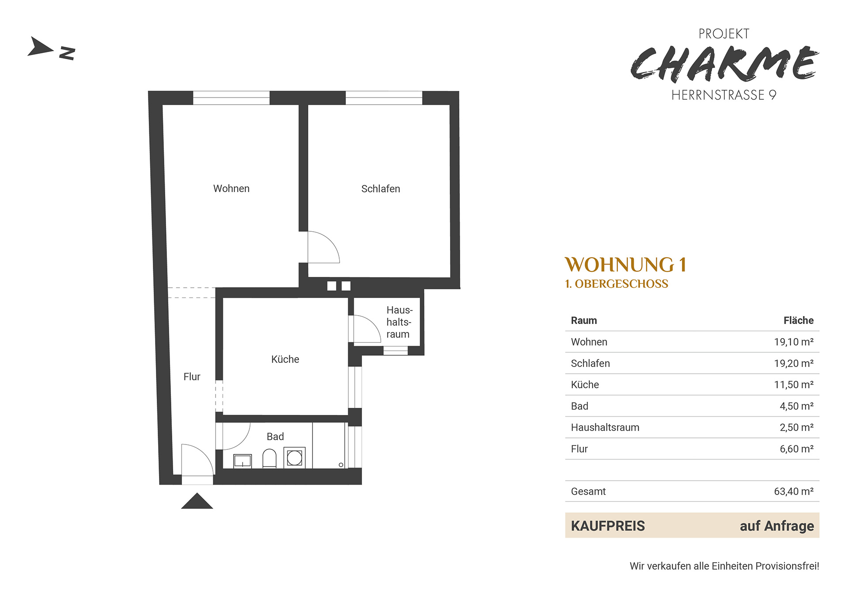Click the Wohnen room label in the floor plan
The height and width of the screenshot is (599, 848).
pyautogui.click(x=231, y=188)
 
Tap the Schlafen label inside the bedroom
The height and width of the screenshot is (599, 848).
pyautogui.click(x=380, y=189)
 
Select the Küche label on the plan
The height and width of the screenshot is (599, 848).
pyautogui.click(x=285, y=359)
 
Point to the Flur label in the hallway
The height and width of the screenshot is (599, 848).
pyautogui.click(x=192, y=377)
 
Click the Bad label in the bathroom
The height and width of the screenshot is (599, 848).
pyautogui.click(x=275, y=437)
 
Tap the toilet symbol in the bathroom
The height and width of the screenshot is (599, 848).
pyautogui.click(x=269, y=459)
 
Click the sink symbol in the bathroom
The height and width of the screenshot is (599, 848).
pyautogui.click(x=242, y=461)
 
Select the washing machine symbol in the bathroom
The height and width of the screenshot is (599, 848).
pyautogui.click(x=295, y=458)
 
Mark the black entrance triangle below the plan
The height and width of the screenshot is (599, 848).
pyautogui.click(x=197, y=501)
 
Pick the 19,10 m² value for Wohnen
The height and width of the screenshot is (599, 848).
pyautogui.click(x=794, y=342)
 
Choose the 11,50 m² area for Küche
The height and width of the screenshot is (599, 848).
pyautogui.click(x=794, y=385)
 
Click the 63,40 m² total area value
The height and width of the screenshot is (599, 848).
pyautogui.click(x=794, y=492)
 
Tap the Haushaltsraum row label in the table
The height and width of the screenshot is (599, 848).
pyautogui.click(x=605, y=427)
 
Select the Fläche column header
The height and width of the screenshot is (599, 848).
pyautogui.click(x=799, y=320)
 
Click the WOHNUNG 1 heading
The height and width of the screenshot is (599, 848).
pyautogui.click(x=625, y=265)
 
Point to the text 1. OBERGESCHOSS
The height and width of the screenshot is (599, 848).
pyautogui.click(x=617, y=284)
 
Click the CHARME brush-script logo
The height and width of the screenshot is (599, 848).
pyautogui.click(x=724, y=64)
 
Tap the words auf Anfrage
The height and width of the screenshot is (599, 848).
pyautogui.click(x=777, y=526)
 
